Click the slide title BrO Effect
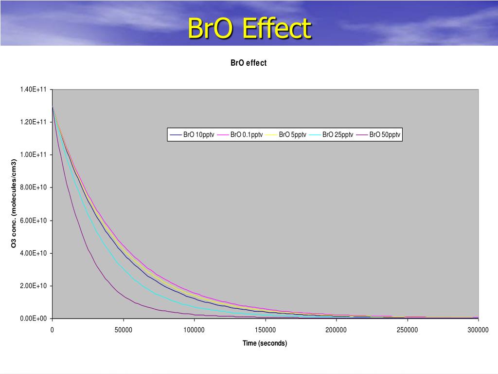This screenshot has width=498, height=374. [x=249, y=28]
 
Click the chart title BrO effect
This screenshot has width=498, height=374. [x=249, y=63]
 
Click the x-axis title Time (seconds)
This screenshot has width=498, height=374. [x=265, y=343]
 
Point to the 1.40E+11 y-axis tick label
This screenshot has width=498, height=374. [x=33, y=90]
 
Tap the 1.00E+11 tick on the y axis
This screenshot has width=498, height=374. [x=33, y=155]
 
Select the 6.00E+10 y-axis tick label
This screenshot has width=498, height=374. [x=33, y=221]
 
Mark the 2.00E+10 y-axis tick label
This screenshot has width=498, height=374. [x=33, y=286]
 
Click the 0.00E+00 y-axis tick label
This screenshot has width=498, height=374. [x=33, y=318]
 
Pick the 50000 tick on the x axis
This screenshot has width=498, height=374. [x=123, y=330]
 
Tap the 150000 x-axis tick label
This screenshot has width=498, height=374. [x=265, y=330]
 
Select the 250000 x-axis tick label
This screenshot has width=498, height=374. [x=407, y=330]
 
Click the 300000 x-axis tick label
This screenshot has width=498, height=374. [x=478, y=330]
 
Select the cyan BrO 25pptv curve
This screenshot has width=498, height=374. [x=117, y=261]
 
